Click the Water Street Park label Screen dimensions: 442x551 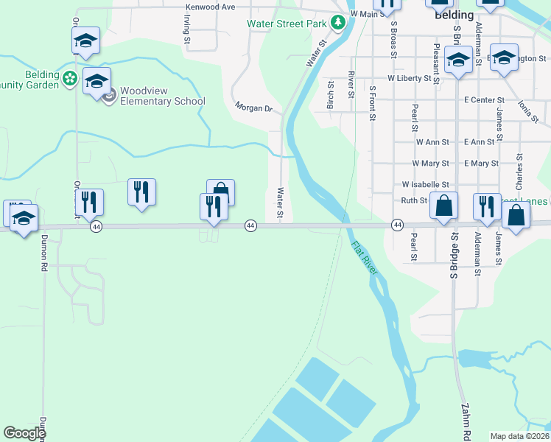click(287, 24)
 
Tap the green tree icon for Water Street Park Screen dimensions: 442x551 click(338, 23)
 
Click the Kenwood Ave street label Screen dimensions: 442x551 click(210, 7)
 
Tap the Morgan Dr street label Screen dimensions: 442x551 click(254, 108)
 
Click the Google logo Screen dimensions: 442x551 click(24, 433)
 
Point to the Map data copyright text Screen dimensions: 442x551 click(519, 436)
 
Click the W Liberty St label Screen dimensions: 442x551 click(407, 77)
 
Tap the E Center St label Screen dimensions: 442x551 click(484, 99)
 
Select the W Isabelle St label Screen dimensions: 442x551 click(425, 184)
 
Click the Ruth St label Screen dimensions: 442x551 click(414, 200)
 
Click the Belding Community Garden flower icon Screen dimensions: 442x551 click(70, 77)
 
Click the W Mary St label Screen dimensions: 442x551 click(430, 163)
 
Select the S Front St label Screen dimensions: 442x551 click(373, 103)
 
